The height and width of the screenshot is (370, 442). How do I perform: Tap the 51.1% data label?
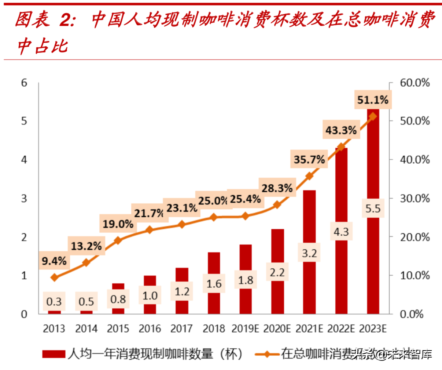pos(373,100)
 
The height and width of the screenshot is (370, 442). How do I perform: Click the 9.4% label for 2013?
pos(54,261)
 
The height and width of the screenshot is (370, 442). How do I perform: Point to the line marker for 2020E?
pos(277,204)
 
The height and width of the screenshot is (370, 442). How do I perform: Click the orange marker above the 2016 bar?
pos(150,230)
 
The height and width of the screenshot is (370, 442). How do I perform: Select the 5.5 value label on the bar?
pos(373,208)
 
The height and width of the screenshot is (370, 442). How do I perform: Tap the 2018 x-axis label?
pos(214,329)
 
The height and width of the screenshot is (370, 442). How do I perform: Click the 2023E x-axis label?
pos(373,329)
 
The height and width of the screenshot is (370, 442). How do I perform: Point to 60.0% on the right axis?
pos(415,83)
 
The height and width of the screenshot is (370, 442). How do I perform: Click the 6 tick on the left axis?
pos(24,83)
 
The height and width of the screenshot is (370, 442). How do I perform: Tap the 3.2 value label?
pos(309,253)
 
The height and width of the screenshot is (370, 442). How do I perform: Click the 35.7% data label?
pos(309,160)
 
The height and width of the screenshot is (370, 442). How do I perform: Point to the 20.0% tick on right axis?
pos(415,237)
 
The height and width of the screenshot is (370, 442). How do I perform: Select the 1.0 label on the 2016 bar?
pos(150,295)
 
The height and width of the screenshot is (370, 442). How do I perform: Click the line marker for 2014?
pos(86,262)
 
